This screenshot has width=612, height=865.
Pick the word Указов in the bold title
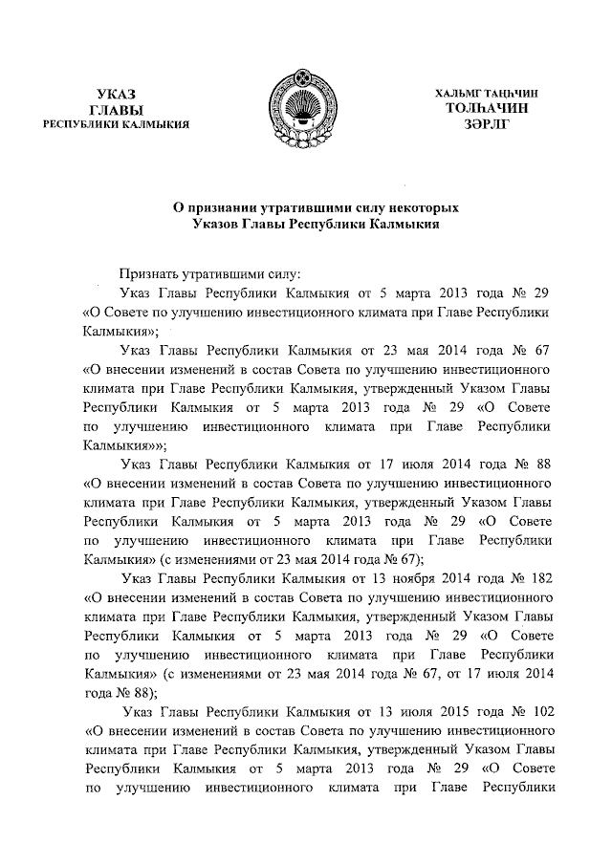(x=217, y=224)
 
